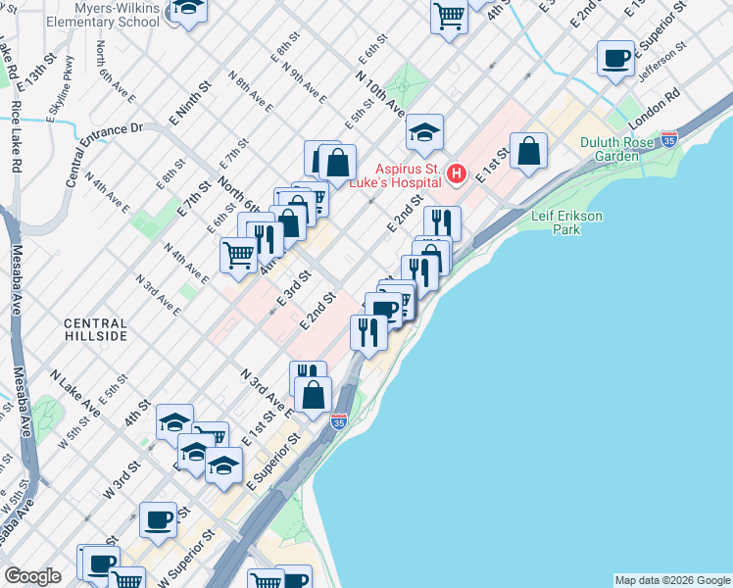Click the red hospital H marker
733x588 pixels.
click(456, 175)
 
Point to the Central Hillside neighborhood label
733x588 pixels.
click(95, 329)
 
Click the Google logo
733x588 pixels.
click(32, 576)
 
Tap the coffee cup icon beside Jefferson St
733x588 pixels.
click(615, 59)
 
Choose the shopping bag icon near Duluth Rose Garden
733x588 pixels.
click(528, 151)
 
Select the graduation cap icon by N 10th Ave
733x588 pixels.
click(424, 131)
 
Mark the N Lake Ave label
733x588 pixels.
click(77, 392)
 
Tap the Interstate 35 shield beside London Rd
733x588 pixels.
click(669, 139)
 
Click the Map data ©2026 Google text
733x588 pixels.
click(671, 580)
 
